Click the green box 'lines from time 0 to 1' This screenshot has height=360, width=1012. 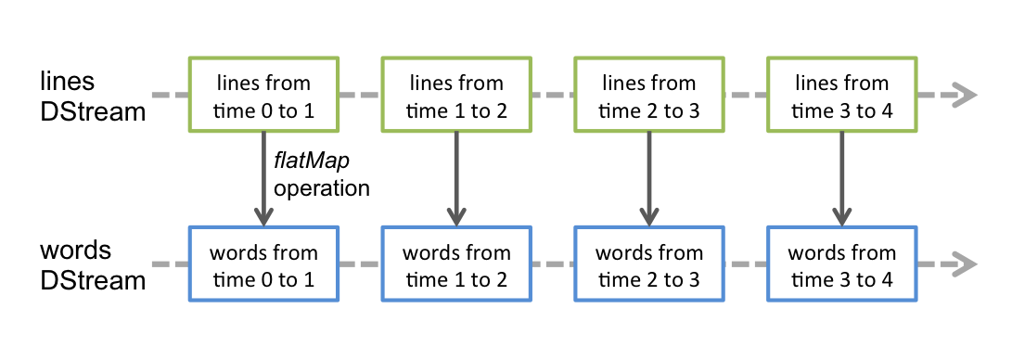264,95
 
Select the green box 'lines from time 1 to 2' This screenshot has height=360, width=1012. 456,95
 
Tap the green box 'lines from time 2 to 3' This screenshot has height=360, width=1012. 648,95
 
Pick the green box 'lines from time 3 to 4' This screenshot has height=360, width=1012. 841,95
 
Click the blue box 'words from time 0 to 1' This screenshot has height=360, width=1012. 264,264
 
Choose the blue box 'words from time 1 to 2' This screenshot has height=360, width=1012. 456,264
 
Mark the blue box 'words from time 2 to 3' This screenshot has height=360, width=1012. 648,264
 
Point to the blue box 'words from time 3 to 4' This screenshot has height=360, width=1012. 841,264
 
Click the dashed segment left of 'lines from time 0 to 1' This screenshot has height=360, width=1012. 170,96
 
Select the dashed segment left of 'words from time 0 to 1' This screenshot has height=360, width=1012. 170,264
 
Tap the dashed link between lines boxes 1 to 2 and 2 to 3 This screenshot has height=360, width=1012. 553,96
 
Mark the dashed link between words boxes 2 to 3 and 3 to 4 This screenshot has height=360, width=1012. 745,264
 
